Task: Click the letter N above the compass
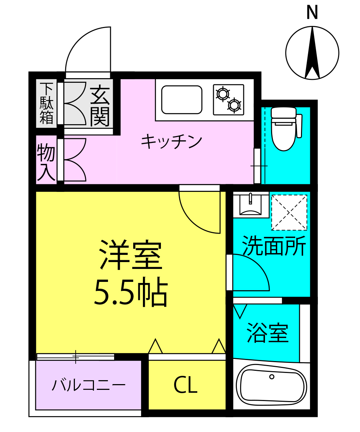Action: click(312, 13)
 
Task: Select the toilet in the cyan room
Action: click(284, 128)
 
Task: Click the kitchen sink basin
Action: click(181, 100)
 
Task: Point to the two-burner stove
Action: click(228, 100)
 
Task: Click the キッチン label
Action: click(171, 142)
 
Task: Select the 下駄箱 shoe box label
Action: click(46, 103)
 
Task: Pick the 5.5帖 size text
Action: click(131, 292)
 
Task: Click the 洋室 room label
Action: click(131, 256)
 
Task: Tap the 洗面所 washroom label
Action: click(274, 246)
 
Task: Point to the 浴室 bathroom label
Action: click(268, 333)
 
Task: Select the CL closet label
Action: click(185, 386)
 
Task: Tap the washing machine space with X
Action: click(289, 212)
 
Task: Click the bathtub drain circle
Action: click(272, 377)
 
